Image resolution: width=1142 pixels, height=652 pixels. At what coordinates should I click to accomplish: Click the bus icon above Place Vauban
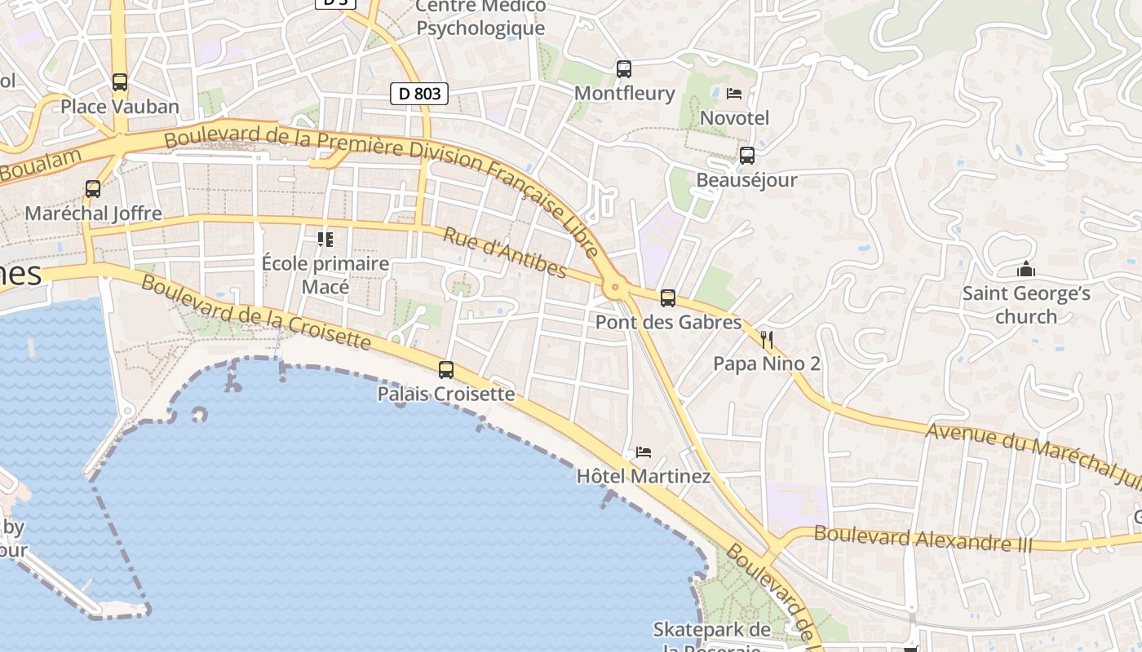[120, 81]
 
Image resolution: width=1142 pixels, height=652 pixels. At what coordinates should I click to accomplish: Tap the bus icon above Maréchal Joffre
[93, 189]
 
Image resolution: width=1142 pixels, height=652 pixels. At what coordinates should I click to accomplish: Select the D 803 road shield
[420, 94]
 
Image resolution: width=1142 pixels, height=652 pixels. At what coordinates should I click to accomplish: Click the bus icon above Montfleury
[624, 69]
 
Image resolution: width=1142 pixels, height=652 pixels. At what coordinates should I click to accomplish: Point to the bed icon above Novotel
[734, 94]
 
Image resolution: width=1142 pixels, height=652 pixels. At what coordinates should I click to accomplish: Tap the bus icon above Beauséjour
[746, 156]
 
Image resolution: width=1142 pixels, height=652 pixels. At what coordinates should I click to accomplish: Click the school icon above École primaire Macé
[325, 240]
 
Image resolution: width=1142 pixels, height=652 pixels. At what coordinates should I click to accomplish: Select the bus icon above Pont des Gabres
[668, 298]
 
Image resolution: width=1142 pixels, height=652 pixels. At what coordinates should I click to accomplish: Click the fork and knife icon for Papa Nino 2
[767, 339]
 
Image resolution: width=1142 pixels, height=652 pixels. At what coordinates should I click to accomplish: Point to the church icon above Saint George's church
[1026, 269]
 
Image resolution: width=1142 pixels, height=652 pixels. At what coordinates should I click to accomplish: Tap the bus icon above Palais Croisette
[446, 370]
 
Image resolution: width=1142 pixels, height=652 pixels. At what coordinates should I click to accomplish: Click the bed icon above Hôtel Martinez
[644, 452]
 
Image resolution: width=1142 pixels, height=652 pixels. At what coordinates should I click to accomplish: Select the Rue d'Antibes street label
[504, 252]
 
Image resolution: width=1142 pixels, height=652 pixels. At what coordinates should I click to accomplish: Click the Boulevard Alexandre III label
[923, 539]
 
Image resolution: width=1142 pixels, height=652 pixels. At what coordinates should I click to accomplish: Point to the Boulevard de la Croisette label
[256, 311]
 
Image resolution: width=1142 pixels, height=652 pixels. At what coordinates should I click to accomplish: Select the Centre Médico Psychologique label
[480, 18]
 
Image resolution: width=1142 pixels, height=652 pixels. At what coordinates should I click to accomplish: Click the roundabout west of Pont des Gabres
[615, 287]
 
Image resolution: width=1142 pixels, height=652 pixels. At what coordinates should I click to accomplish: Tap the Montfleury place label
[625, 93]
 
